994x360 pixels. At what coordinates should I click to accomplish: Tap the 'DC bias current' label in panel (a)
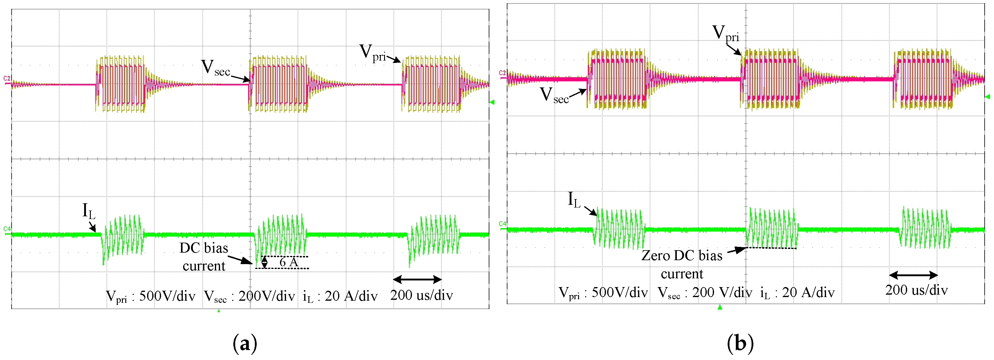click(x=204, y=257)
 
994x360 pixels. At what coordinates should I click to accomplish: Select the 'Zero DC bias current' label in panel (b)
click(x=682, y=265)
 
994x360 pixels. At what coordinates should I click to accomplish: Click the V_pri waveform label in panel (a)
click(x=372, y=53)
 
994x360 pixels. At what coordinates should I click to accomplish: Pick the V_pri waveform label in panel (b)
click(x=726, y=34)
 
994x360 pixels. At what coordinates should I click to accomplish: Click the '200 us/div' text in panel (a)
click(x=421, y=295)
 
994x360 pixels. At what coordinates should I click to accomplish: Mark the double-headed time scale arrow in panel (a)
click(x=417, y=279)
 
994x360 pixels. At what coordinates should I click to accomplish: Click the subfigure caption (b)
click(x=740, y=343)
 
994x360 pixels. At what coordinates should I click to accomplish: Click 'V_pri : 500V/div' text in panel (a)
click(x=150, y=296)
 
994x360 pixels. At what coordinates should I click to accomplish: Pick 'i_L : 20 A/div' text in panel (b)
click(x=797, y=293)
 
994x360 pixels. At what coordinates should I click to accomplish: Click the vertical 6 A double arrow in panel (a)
click(x=264, y=262)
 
